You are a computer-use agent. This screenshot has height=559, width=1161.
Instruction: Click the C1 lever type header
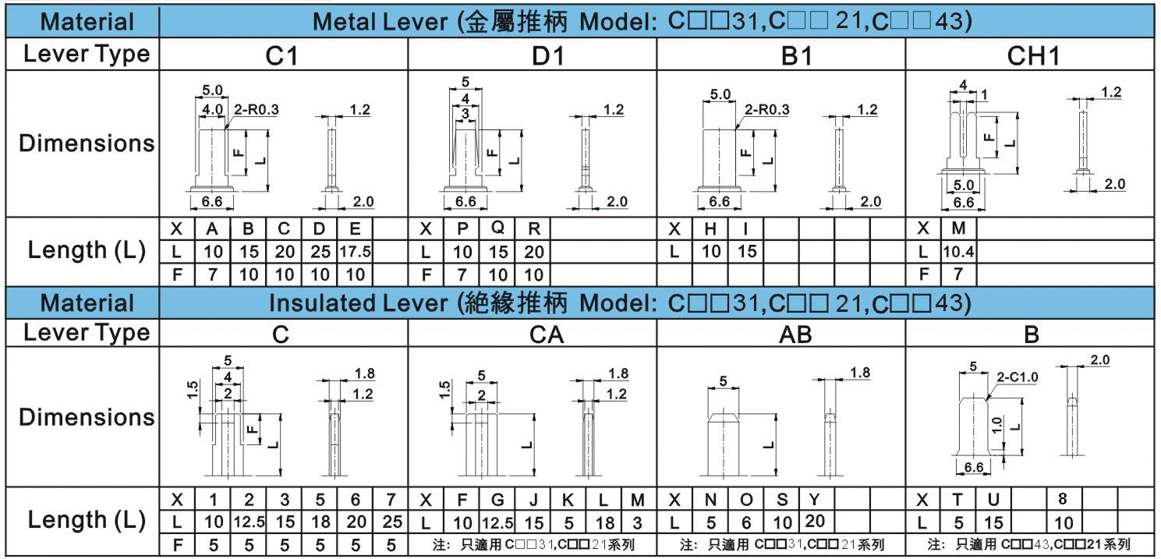click(x=282, y=55)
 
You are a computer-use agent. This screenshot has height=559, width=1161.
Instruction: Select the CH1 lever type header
click(x=1031, y=55)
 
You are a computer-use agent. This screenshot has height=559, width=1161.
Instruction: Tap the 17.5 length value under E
click(x=356, y=252)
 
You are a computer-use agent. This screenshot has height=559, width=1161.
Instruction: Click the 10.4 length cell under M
click(x=958, y=252)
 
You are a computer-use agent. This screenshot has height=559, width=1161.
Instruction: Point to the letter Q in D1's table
click(x=497, y=229)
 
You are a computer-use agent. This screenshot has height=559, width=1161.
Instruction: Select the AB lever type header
click(x=795, y=335)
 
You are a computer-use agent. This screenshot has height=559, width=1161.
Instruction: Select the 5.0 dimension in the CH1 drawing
click(x=964, y=186)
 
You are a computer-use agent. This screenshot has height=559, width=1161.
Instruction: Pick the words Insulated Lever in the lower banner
click(x=362, y=302)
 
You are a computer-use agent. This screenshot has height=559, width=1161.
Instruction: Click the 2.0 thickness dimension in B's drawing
click(x=1099, y=359)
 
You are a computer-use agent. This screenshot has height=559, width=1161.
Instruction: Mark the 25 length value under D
click(x=320, y=252)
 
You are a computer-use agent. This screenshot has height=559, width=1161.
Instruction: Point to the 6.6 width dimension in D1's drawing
click(x=465, y=201)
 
